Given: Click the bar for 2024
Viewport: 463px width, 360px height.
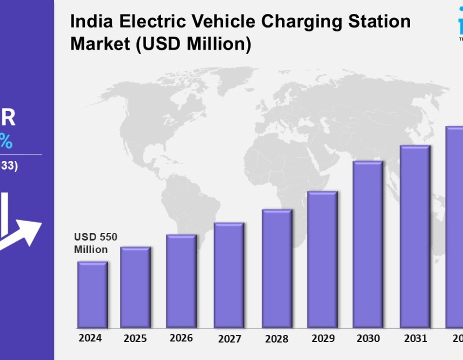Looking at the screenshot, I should (93, 295).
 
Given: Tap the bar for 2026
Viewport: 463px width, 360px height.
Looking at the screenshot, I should (181, 281).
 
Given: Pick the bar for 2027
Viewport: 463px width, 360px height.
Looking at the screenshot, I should (229, 275).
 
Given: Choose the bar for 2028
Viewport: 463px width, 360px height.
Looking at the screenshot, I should (277, 268).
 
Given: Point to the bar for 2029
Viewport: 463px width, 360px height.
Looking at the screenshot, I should (322, 259).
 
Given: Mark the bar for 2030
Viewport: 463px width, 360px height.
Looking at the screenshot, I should (368, 244).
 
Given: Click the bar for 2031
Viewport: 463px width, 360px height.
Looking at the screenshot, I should (415, 237).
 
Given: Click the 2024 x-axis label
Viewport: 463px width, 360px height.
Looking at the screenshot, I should (90, 338).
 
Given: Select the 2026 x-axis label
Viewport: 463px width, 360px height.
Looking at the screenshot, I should (181, 338).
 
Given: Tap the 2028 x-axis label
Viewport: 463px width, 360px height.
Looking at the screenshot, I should (276, 339).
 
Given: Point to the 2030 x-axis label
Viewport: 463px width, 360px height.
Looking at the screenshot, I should (368, 338).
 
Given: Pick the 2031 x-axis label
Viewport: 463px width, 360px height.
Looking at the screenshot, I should (415, 338).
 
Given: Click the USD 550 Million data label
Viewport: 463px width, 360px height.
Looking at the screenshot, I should (96, 243).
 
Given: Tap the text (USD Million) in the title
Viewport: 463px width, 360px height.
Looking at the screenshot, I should (194, 44).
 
